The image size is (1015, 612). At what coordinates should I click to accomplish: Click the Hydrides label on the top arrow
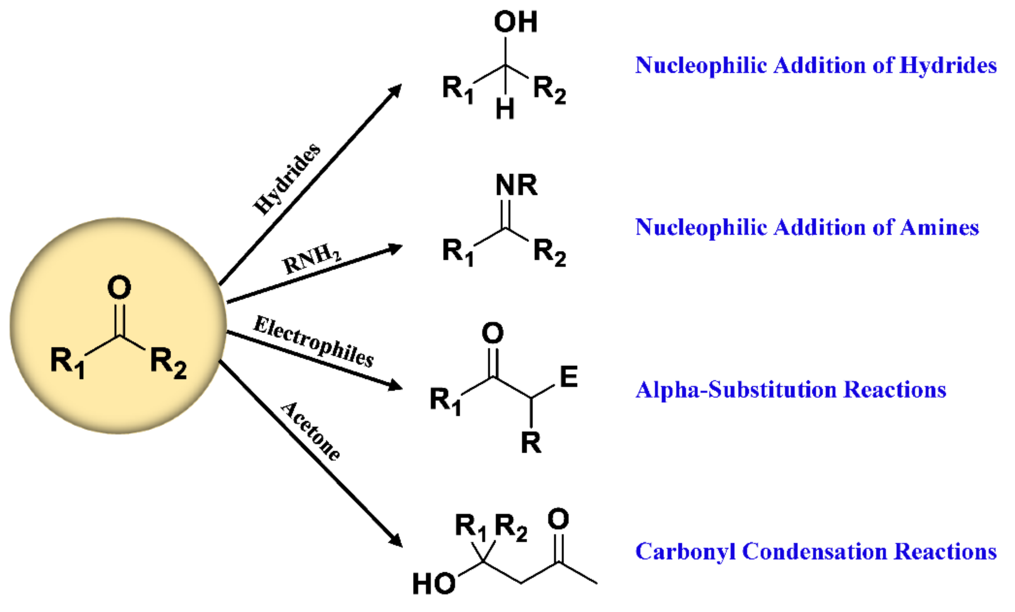point(287,179)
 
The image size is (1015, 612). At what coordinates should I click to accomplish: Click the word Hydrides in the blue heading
point(947,66)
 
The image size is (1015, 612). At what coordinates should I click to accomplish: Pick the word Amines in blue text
point(939,228)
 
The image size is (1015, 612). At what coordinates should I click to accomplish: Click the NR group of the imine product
point(516,185)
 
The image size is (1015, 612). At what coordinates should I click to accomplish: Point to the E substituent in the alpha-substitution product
point(569,376)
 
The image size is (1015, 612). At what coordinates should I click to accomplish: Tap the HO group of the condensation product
point(433,584)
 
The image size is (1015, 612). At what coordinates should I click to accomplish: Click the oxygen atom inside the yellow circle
point(119,287)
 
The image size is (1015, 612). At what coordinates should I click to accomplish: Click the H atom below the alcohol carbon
point(505,109)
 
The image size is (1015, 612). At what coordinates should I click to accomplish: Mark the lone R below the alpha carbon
point(531,443)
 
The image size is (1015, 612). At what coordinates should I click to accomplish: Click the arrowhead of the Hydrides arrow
point(396,90)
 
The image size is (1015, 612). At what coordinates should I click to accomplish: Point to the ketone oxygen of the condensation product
point(558,519)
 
